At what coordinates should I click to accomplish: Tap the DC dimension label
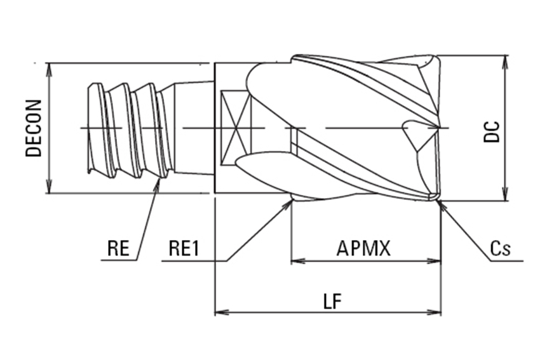tap(491, 130)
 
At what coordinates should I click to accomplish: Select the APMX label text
tap(363, 248)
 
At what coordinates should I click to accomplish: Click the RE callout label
tap(118, 248)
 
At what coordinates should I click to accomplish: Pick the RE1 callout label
tap(184, 248)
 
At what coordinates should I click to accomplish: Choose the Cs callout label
tap(501, 249)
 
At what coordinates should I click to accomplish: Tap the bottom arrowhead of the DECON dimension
tap(49, 189)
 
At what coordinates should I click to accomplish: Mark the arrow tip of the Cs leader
tap(439, 202)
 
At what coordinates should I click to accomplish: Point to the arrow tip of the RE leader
tap(159, 180)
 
